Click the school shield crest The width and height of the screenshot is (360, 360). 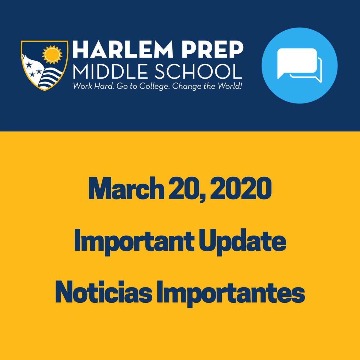tap(45, 65)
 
